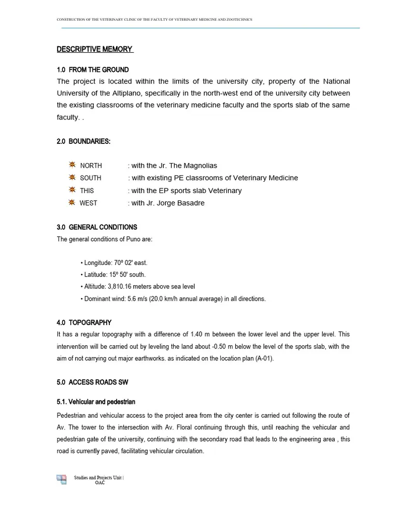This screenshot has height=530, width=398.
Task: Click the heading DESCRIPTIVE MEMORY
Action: click(x=94, y=49)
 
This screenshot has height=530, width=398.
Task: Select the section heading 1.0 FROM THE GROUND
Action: click(x=93, y=70)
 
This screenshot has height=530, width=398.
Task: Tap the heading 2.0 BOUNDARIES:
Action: click(x=83, y=141)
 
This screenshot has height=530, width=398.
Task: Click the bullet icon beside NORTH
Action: click(x=72, y=165)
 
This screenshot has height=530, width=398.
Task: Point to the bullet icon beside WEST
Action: click(x=72, y=202)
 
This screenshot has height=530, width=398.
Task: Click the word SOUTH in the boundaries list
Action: click(x=91, y=178)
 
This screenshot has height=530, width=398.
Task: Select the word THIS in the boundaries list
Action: click(x=87, y=190)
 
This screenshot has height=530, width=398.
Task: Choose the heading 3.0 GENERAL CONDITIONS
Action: click(x=97, y=227)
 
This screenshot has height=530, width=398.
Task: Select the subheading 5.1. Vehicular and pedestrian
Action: click(x=96, y=402)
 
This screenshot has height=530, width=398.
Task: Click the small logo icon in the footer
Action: click(x=62, y=479)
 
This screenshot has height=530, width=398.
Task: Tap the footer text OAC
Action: click(x=99, y=482)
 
